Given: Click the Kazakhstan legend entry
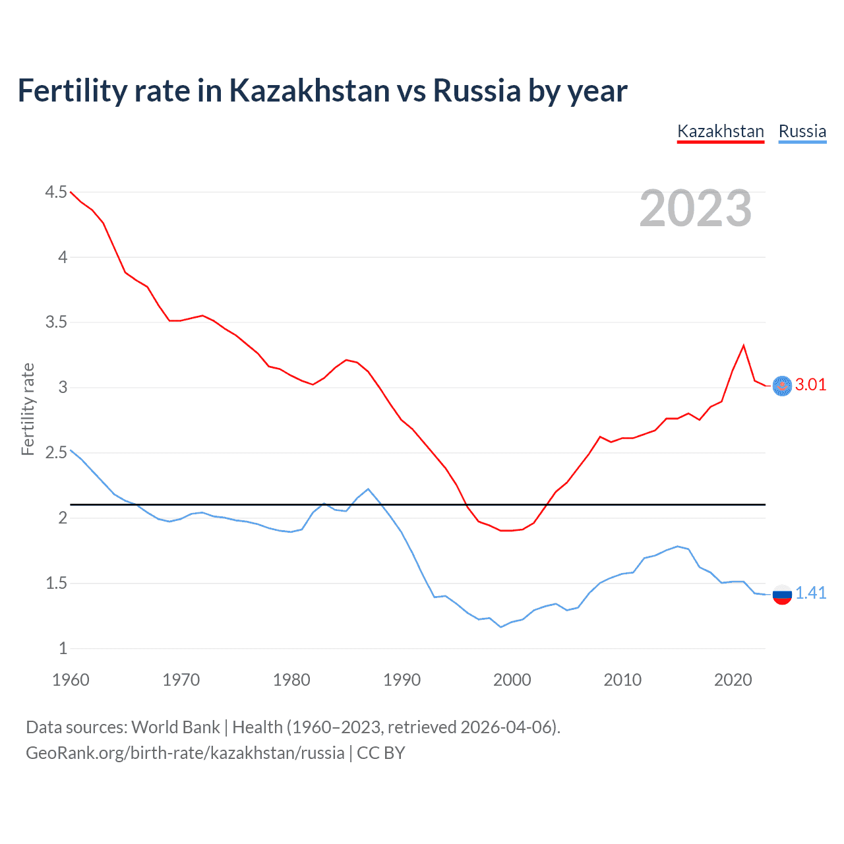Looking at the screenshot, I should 720,131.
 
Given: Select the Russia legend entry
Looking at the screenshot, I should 802,131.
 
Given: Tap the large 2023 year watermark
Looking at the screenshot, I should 696,208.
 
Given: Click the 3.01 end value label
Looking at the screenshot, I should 810,385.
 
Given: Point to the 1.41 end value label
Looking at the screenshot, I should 810,593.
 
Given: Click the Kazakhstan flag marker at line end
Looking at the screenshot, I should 782,386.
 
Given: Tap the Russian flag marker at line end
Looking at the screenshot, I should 782,594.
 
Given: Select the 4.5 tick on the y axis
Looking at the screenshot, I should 56,192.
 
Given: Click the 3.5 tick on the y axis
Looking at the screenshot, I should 56,322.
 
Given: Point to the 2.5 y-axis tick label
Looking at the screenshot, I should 56,453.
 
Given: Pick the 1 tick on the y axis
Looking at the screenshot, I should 63,649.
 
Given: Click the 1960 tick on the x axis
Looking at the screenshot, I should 71,680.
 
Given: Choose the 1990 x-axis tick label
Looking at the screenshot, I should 402,680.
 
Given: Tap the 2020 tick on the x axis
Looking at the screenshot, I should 733,680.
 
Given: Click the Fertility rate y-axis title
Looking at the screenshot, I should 28,409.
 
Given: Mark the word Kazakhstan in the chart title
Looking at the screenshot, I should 309,90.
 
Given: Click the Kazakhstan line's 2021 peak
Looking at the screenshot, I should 744,346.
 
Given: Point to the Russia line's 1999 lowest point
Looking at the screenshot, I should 501,627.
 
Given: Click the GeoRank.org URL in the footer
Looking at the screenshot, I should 185,753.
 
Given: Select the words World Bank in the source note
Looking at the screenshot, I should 175,727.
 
